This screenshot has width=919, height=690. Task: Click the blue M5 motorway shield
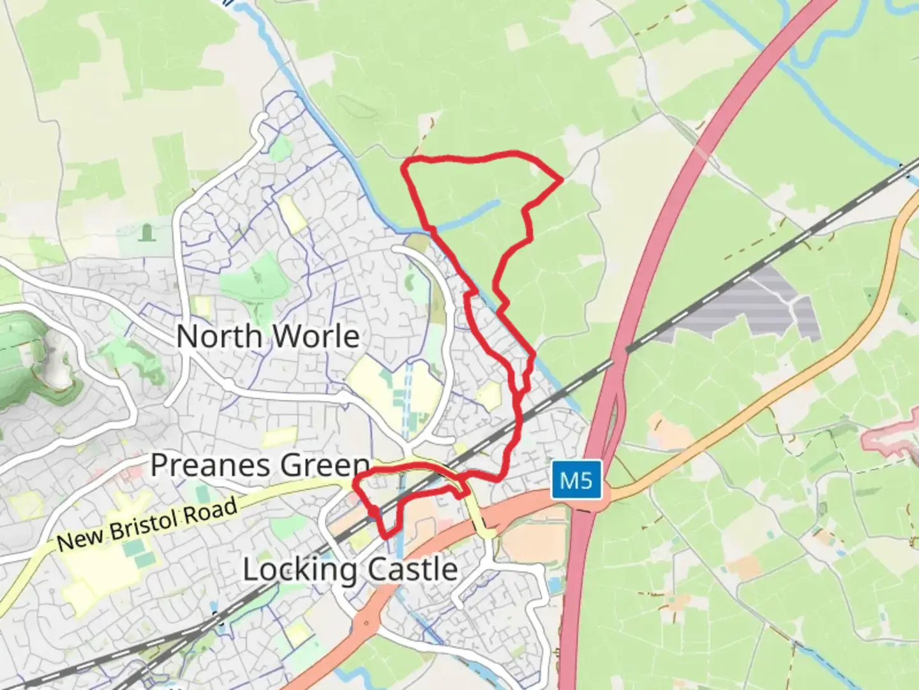tap(576, 480)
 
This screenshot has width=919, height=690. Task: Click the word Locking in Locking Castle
tap(295, 570)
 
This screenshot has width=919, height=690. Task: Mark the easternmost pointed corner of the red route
tap(561, 180)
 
